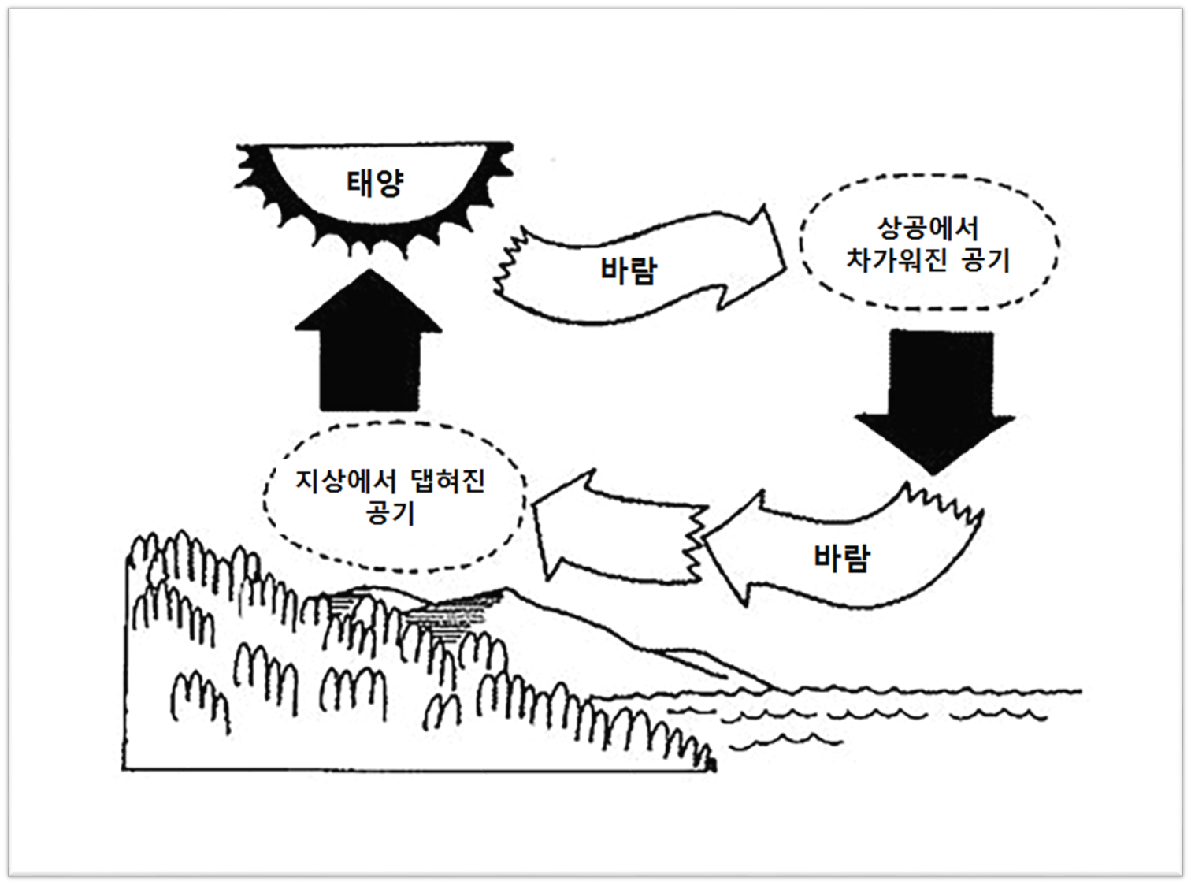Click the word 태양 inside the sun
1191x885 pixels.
[376, 184]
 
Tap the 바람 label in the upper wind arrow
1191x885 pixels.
[628, 270]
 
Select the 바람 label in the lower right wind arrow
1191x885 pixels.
[841, 558]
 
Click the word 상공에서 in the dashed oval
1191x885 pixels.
[928, 229]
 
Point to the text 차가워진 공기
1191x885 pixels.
[928, 260]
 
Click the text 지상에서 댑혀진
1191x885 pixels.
[391, 481]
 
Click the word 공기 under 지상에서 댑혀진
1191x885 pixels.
[391, 513]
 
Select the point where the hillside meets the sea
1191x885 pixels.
[768, 689]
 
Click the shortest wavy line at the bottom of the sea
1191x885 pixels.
[784, 740]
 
